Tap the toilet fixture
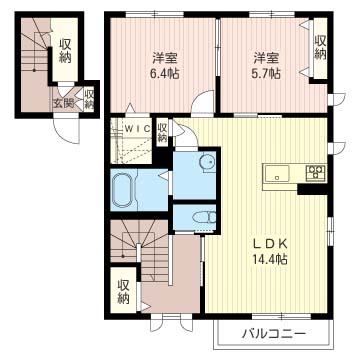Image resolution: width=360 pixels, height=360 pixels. coord(204,218)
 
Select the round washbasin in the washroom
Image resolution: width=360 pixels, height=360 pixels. coord(206,162)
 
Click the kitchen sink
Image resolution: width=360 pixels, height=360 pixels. coord(277,174)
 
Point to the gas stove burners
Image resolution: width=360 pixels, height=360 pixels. coord(316,172)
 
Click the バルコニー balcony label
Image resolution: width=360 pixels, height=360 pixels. coord(274,333)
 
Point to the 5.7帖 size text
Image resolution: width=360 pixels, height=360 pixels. coord(266,73)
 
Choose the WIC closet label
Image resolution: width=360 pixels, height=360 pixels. coord(137,129)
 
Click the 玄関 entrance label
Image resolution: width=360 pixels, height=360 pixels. coord(63,104)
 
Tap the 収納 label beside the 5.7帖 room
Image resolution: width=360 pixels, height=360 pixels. coord(320,47)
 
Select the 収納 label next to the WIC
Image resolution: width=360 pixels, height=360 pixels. coord(162,133)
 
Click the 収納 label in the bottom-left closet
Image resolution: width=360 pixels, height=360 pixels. coord(123,291)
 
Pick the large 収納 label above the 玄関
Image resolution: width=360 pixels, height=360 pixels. coord(66,51)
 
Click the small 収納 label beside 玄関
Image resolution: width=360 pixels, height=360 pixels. coord(89,100)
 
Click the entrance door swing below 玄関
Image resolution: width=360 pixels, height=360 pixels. coord(67,129)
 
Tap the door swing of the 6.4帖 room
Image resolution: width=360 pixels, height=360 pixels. coord(202,102)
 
